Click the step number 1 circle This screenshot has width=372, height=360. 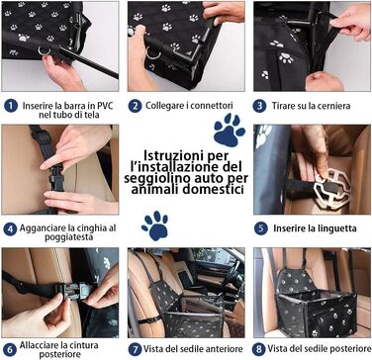click(x=10, y=106)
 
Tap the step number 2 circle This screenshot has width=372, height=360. click(x=135, y=106)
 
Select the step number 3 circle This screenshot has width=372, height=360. click(x=259, y=106)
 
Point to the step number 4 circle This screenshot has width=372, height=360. click(x=10, y=229)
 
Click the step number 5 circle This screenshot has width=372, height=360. click(x=260, y=228)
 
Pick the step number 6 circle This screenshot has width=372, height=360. click(x=10, y=350)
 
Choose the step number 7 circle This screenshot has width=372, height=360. click(x=135, y=349)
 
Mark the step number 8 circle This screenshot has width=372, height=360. click(x=259, y=349)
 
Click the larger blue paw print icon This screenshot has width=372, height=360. click(x=229, y=130)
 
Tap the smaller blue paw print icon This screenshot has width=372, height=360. click(x=155, y=225)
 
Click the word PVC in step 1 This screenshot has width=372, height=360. click(x=104, y=106)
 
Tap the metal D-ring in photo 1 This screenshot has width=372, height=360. click(x=45, y=50)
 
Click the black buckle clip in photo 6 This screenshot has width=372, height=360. click(x=73, y=290)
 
